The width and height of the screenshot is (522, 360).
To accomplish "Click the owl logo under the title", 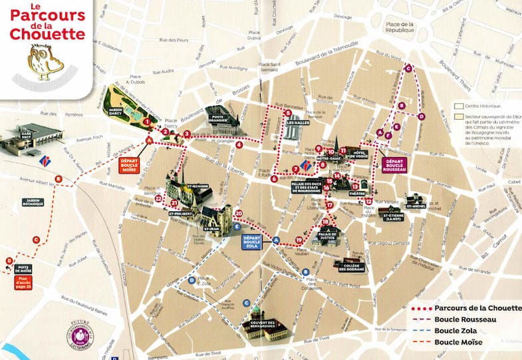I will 45,61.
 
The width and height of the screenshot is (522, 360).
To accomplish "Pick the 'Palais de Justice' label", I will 325,236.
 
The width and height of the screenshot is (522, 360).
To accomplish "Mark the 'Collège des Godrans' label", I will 349,268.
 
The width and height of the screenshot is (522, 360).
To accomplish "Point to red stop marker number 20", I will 239,213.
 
